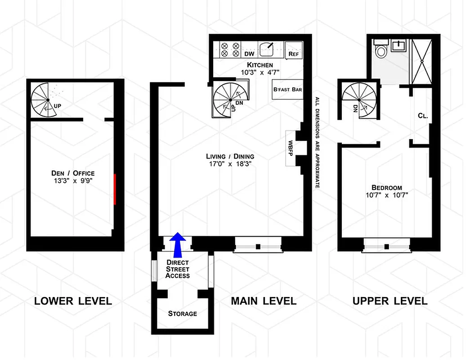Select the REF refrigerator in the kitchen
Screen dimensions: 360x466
click(x=294, y=50)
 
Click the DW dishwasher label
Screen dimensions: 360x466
click(x=249, y=54)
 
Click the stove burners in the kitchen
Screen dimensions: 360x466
click(x=229, y=49)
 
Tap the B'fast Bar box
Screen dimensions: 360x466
click(x=287, y=90)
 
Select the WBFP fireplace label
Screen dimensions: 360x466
click(x=291, y=148)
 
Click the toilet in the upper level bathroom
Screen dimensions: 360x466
click(x=381, y=50)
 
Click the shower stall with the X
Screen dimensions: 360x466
click(x=421, y=61)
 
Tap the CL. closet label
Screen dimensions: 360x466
click(x=422, y=115)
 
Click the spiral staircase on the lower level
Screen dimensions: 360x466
click(x=45, y=99)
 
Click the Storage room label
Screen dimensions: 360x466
click(x=182, y=313)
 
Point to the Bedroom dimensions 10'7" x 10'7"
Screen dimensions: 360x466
click(x=386, y=195)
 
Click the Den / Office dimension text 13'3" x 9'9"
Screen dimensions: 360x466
click(x=72, y=181)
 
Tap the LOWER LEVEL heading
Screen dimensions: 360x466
click(x=73, y=301)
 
